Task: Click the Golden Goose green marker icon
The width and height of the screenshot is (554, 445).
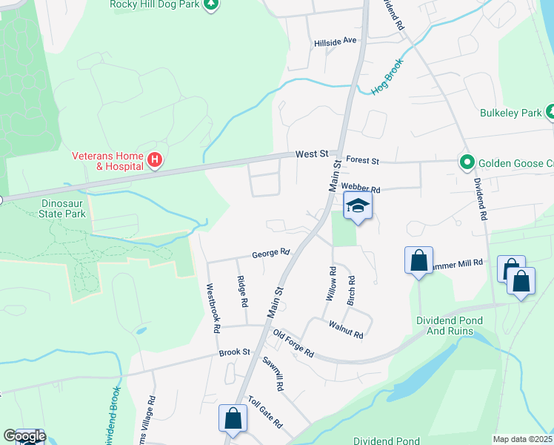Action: coord(467,161)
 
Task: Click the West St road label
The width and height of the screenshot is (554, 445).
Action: coord(311,154)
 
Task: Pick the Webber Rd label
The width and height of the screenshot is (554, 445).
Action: coord(360,190)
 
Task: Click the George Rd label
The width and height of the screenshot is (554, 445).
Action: coord(270,253)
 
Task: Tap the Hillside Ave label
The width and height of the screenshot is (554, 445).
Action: coord(336,42)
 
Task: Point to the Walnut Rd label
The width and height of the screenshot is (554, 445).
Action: coord(346,332)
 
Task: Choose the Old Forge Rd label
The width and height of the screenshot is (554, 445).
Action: coord(293,343)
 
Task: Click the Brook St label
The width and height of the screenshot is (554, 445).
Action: coord(235,354)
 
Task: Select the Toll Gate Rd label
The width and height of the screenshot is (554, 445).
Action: coord(265,412)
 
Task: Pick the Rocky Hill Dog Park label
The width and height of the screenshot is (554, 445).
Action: coord(155,4)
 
